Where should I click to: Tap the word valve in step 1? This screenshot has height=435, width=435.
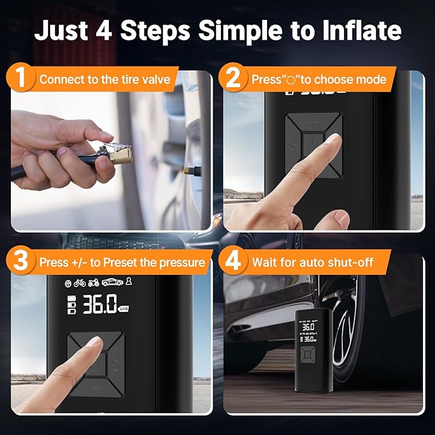pyautogui.click(x=156, y=80)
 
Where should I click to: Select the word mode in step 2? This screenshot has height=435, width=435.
pyautogui.click(x=371, y=80)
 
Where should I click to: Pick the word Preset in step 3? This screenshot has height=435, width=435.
pyautogui.click(x=133, y=263)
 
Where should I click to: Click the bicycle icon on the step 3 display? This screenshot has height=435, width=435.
pyautogui.click(x=80, y=283)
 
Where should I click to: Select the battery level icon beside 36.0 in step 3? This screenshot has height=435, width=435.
pyautogui.click(x=72, y=306)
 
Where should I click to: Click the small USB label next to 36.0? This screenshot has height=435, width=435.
pyautogui.click(x=125, y=310)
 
